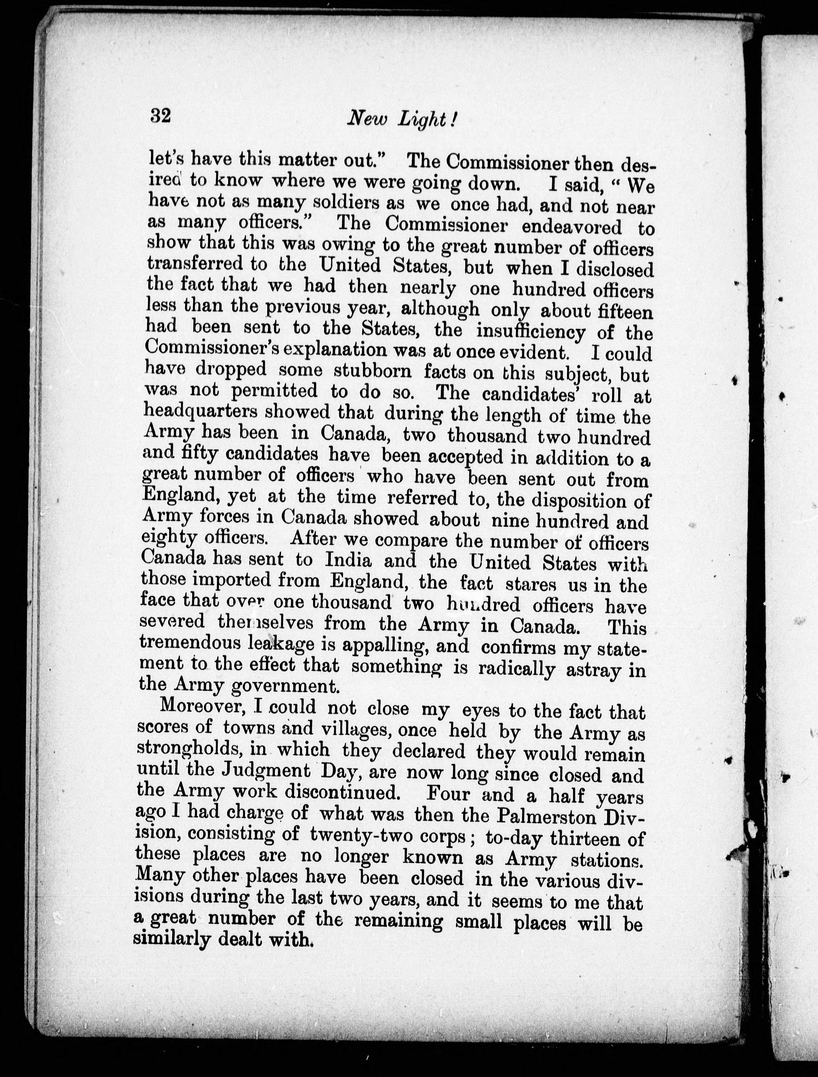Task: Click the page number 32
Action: pyautogui.click(x=160, y=117)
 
